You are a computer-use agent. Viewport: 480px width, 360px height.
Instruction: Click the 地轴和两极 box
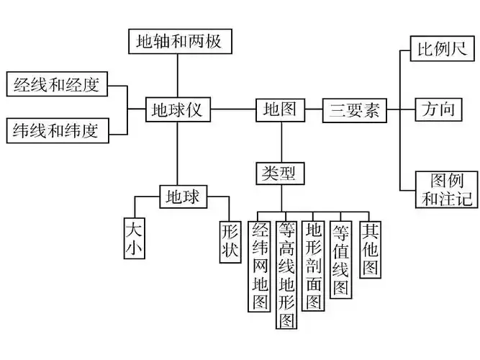click(180, 41)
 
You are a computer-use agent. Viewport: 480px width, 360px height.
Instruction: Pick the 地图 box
click(280, 110)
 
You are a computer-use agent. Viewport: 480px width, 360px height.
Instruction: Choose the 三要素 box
click(353, 111)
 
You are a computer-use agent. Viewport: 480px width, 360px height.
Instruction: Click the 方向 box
click(438, 110)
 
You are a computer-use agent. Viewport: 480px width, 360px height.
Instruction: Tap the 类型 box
click(280, 173)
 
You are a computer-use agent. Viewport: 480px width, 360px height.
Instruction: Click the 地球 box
click(182, 196)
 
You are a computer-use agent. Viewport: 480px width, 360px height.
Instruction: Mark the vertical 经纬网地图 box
click(259, 266)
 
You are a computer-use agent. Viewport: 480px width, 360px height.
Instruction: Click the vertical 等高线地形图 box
click(286, 274)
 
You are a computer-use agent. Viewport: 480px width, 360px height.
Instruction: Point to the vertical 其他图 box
click(370, 249)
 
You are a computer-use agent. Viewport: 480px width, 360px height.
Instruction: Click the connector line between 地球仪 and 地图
click(233, 110)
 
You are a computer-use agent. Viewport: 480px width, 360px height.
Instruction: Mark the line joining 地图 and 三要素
click(312, 110)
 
